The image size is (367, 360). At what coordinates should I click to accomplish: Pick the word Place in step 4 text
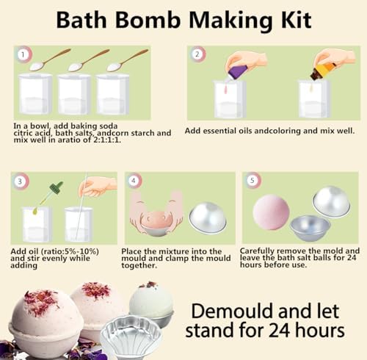(x=137, y=251)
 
